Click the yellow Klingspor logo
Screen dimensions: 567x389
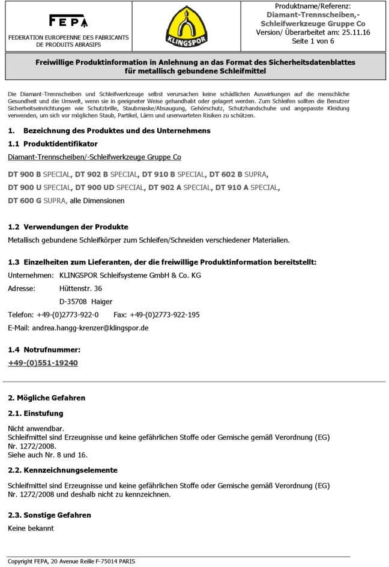(187, 26)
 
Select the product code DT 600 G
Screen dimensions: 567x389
(25, 201)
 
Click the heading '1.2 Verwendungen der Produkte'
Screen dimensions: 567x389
(68, 227)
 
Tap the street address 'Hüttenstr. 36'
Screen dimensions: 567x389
(81, 288)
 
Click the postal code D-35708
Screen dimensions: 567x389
(73, 302)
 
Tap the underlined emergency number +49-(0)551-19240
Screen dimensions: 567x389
(43, 363)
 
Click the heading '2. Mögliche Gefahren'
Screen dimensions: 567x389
(46, 398)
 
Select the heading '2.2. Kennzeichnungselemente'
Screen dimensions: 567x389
(62, 470)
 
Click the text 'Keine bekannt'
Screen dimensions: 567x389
(31, 528)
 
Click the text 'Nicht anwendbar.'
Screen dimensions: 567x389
(36, 428)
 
